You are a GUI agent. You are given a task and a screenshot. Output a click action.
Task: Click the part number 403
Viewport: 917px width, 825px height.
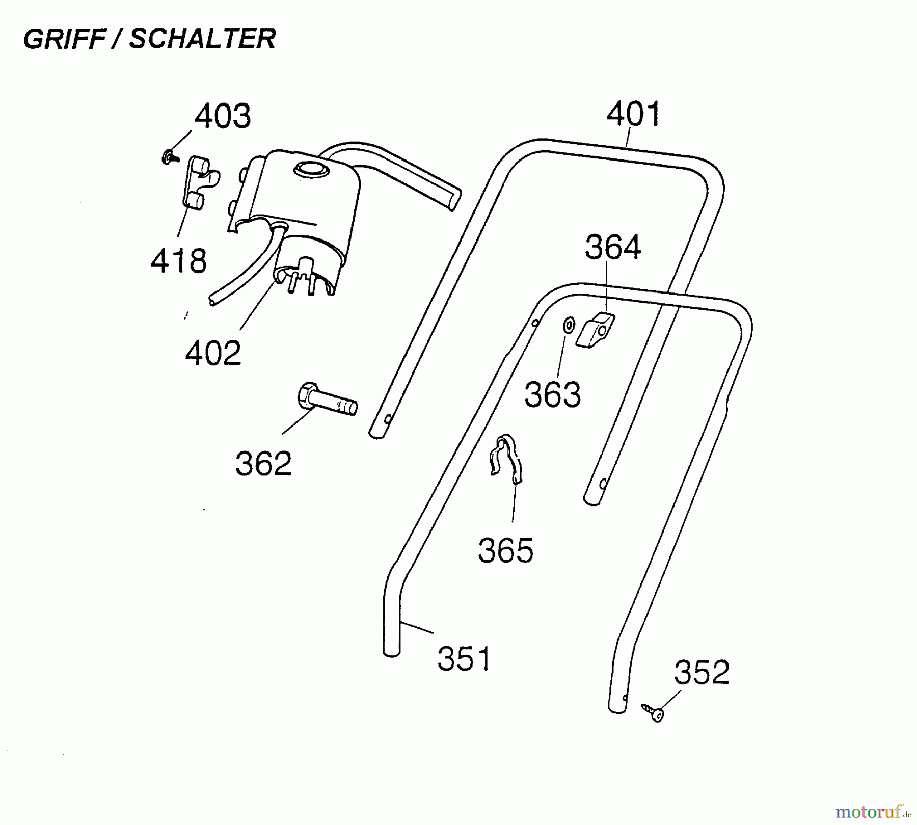[x=223, y=117]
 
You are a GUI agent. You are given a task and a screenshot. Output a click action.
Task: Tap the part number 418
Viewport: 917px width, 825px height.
[x=179, y=261]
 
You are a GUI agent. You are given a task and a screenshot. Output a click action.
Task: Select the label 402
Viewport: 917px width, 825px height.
[x=213, y=353]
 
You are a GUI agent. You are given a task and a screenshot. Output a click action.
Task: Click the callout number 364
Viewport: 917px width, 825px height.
[x=613, y=248]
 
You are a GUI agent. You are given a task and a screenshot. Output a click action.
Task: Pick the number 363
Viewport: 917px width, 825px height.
[x=553, y=395]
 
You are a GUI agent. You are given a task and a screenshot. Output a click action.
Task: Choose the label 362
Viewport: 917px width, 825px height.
[x=263, y=463]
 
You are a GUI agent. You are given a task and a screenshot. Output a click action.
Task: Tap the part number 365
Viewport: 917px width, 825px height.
[x=506, y=550]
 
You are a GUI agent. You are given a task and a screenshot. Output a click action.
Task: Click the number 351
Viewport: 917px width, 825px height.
[x=464, y=658]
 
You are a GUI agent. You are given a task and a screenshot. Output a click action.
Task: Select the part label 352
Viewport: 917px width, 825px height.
[x=702, y=672]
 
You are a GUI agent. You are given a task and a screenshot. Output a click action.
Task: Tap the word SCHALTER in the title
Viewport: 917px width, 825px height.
[x=202, y=39]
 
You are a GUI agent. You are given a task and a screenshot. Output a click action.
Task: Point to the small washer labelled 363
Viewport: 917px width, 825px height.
[x=569, y=324]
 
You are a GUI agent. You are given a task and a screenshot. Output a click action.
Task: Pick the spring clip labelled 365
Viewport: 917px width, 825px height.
[x=506, y=458]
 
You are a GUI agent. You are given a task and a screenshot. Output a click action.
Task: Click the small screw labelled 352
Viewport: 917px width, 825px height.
[x=653, y=712]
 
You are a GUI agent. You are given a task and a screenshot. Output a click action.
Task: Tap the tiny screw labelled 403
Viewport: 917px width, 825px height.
[x=170, y=157]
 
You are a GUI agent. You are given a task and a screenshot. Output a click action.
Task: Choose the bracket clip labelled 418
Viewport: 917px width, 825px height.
[x=200, y=182]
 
